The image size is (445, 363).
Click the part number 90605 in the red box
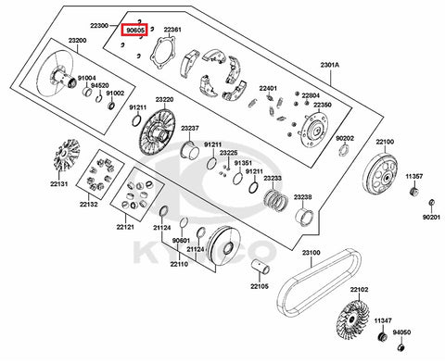click(133, 30)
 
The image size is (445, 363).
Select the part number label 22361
click(172, 30)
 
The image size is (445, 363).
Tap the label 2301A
click(330, 65)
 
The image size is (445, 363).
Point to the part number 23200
click(77, 41)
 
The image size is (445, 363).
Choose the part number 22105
click(260, 286)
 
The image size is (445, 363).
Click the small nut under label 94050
click(401, 347)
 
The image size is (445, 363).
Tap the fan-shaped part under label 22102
click(353, 319)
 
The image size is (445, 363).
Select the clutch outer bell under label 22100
click(380, 174)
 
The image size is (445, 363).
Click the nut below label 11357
click(414, 191)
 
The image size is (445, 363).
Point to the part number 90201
click(431, 217)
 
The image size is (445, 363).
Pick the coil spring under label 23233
click(276, 199)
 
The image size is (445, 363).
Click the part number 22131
click(59, 184)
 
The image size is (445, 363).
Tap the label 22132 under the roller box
click(89, 204)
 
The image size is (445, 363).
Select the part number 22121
click(125, 227)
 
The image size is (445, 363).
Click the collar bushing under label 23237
click(190, 150)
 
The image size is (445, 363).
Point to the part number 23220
click(164, 100)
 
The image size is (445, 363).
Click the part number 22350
click(323, 105)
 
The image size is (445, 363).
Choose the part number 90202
click(345, 139)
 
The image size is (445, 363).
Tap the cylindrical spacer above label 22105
click(261, 267)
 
